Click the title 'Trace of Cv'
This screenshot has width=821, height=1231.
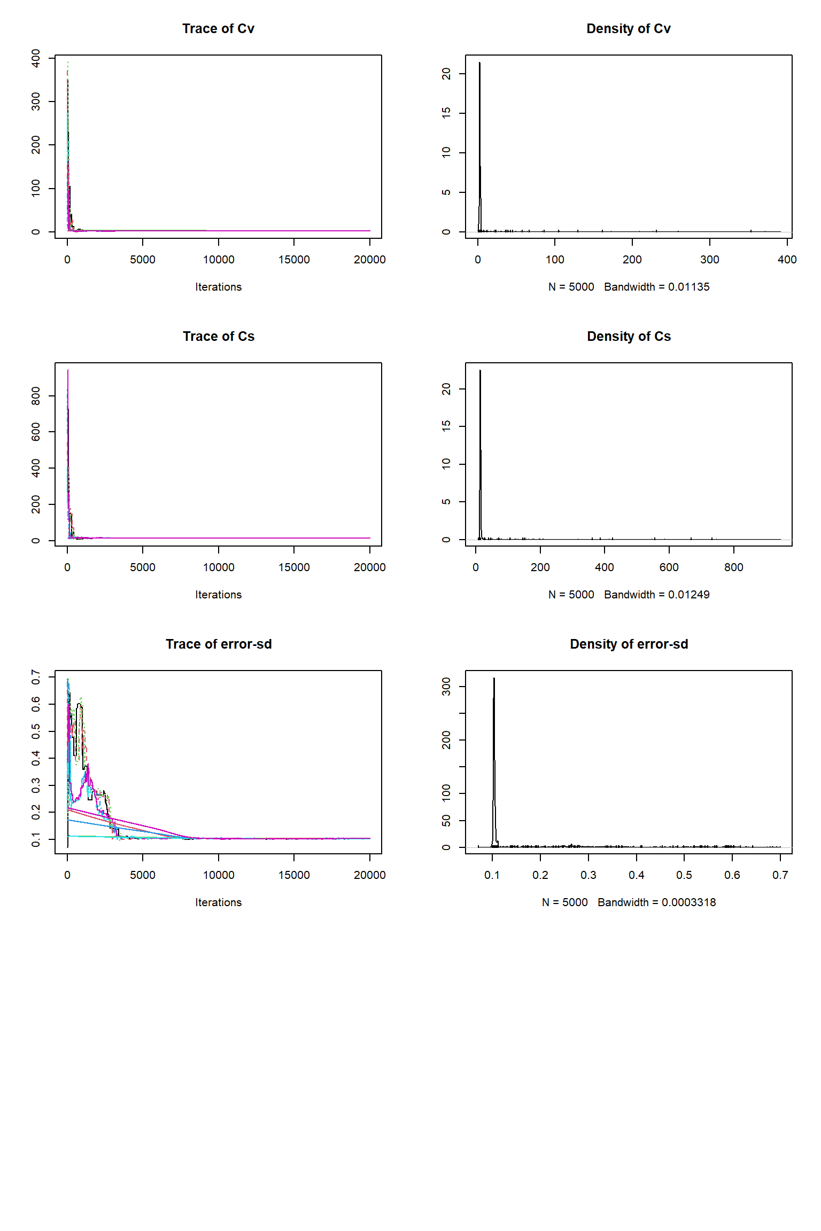[218, 29]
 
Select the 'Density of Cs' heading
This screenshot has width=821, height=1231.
[629, 337]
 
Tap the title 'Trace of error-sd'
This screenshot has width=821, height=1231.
[218, 644]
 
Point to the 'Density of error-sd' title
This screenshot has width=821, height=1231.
[629, 644]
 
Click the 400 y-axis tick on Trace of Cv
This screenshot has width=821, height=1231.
[36, 58]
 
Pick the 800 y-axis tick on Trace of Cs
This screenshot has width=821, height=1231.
[36, 396]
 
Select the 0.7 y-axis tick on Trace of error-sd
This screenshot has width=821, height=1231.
[36, 677]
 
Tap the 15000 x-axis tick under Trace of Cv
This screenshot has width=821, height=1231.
[294, 260]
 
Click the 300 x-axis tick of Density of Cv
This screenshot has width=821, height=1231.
[709, 260]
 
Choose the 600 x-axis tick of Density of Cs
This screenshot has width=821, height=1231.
[669, 567]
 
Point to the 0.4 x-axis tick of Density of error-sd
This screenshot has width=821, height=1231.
[636, 875]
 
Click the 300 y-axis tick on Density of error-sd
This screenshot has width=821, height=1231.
[446, 687]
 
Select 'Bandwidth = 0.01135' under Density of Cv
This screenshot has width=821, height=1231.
[656, 287]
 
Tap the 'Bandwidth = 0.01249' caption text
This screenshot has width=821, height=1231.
[656, 595]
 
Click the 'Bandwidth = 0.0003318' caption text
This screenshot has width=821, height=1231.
[656, 902]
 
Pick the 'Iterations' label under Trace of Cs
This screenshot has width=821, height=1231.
[218, 595]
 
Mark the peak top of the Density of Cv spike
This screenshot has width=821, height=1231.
[479, 63]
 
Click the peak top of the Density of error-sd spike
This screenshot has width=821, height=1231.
[494, 679]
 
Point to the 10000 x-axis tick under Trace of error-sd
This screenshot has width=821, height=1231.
[218, 875]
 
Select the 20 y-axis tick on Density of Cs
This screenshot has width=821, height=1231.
[446, 389]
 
